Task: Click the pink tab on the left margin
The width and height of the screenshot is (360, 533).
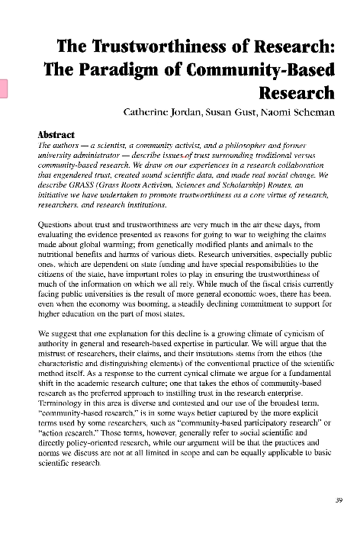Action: point(4,88)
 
